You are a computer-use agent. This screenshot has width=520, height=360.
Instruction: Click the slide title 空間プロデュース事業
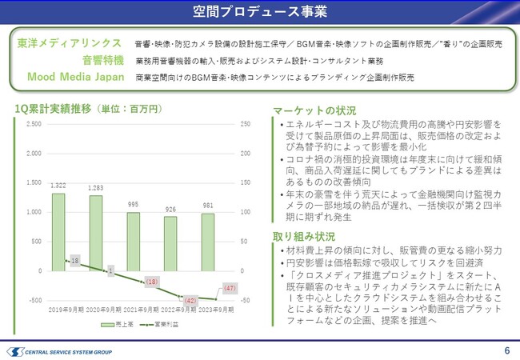point(259,13)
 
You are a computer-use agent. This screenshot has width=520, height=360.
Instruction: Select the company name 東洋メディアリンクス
point(69,43)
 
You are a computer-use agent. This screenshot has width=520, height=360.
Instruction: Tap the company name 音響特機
point(102,60)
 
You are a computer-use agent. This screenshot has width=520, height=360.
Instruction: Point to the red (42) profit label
point(190,301)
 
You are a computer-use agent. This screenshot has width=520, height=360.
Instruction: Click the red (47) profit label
point(229,287)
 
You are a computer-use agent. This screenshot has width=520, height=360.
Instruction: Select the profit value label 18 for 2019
point(74,261)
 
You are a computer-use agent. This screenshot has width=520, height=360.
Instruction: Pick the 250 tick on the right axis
point(246,124)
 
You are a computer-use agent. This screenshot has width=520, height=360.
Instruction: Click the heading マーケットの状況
point(314,110)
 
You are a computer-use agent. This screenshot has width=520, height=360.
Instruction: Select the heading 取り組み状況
point(303,237)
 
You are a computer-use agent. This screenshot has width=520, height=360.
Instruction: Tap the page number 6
point(506,350)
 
